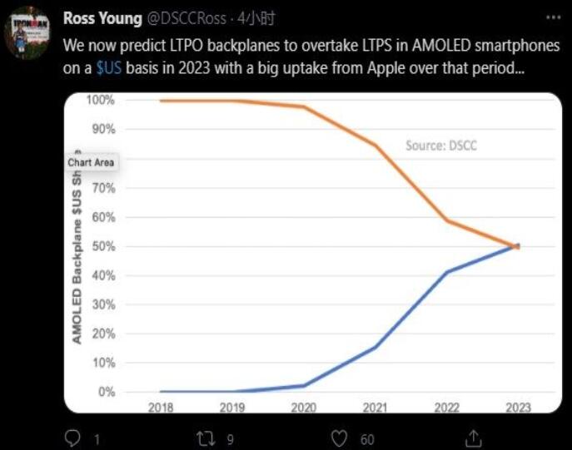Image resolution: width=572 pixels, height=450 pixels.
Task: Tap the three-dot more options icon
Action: pos(552,17)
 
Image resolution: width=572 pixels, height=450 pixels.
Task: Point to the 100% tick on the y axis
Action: pos(100,101)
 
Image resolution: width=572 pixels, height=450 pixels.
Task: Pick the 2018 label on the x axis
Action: pos(160,408)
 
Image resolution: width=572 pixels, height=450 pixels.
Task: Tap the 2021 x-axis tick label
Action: pos(376,408)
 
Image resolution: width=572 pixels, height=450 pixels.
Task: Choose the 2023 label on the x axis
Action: pos(518,408)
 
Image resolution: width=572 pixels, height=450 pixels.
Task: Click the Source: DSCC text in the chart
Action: pos(441,145)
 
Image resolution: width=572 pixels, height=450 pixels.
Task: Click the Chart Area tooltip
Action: pos(91,162)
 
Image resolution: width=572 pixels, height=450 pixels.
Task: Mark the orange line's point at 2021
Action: pos(376,146)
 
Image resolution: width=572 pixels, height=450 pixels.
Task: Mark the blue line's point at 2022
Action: pos(447,272)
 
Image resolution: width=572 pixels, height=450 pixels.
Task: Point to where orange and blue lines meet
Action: pos(517,246)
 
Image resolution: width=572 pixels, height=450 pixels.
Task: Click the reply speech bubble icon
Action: pos(72,438)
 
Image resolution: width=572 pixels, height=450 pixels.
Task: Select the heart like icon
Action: pos(340,438)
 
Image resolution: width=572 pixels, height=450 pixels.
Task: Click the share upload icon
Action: pos(472,438)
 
